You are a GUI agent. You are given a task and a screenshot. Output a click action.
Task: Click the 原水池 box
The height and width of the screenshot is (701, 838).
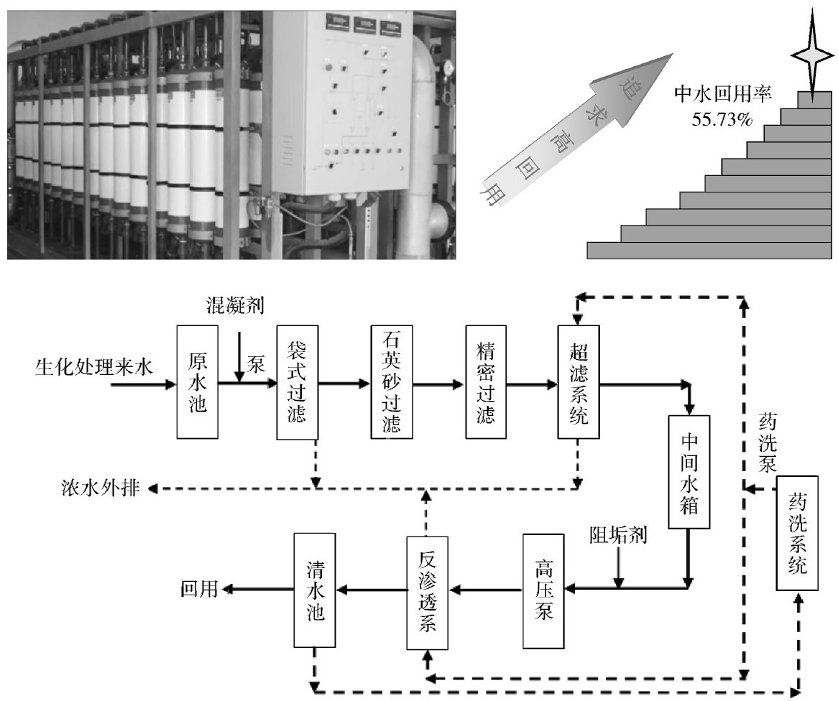point(197,381)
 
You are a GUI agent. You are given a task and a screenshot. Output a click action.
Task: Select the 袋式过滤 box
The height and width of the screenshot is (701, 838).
point(297,381)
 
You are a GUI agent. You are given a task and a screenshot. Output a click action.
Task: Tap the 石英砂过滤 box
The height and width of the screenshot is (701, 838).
point(392,381)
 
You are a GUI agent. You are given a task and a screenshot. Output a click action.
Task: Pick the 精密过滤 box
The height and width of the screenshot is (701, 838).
point(486,381)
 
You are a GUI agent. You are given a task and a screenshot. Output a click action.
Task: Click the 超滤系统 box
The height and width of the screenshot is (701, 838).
point(578,381)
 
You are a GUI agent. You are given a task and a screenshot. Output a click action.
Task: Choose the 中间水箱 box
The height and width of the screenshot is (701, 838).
point(689,471)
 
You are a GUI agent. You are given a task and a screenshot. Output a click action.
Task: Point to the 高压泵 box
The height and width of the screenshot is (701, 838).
point(544,589)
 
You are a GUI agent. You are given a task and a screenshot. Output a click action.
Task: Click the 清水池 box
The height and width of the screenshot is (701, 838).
point(315,589)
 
